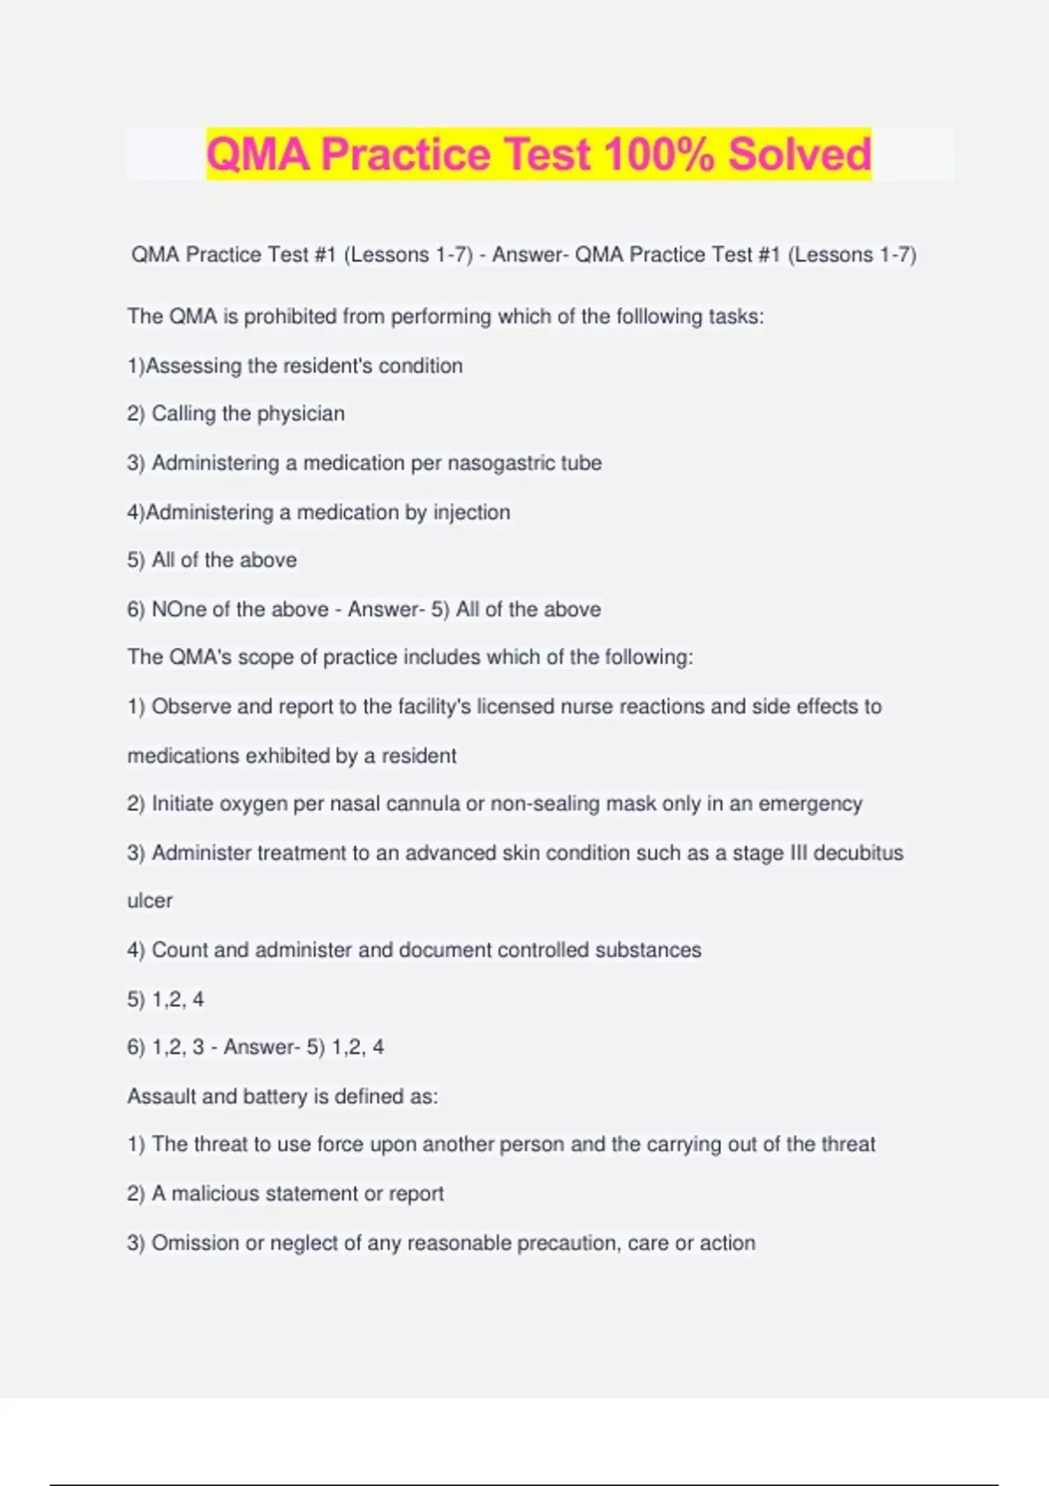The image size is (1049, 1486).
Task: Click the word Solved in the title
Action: pyautogui.click(x=799, y=155)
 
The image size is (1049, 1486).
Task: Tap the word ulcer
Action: pyautogui.click(x=149, y=900)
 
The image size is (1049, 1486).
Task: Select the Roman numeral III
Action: pyautogui.click(x=798, y=852)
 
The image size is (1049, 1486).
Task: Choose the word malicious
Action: pyautogui.click(x=214, y=1194)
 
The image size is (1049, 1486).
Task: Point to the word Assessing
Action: pyautogui.click(x=193, y=365)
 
